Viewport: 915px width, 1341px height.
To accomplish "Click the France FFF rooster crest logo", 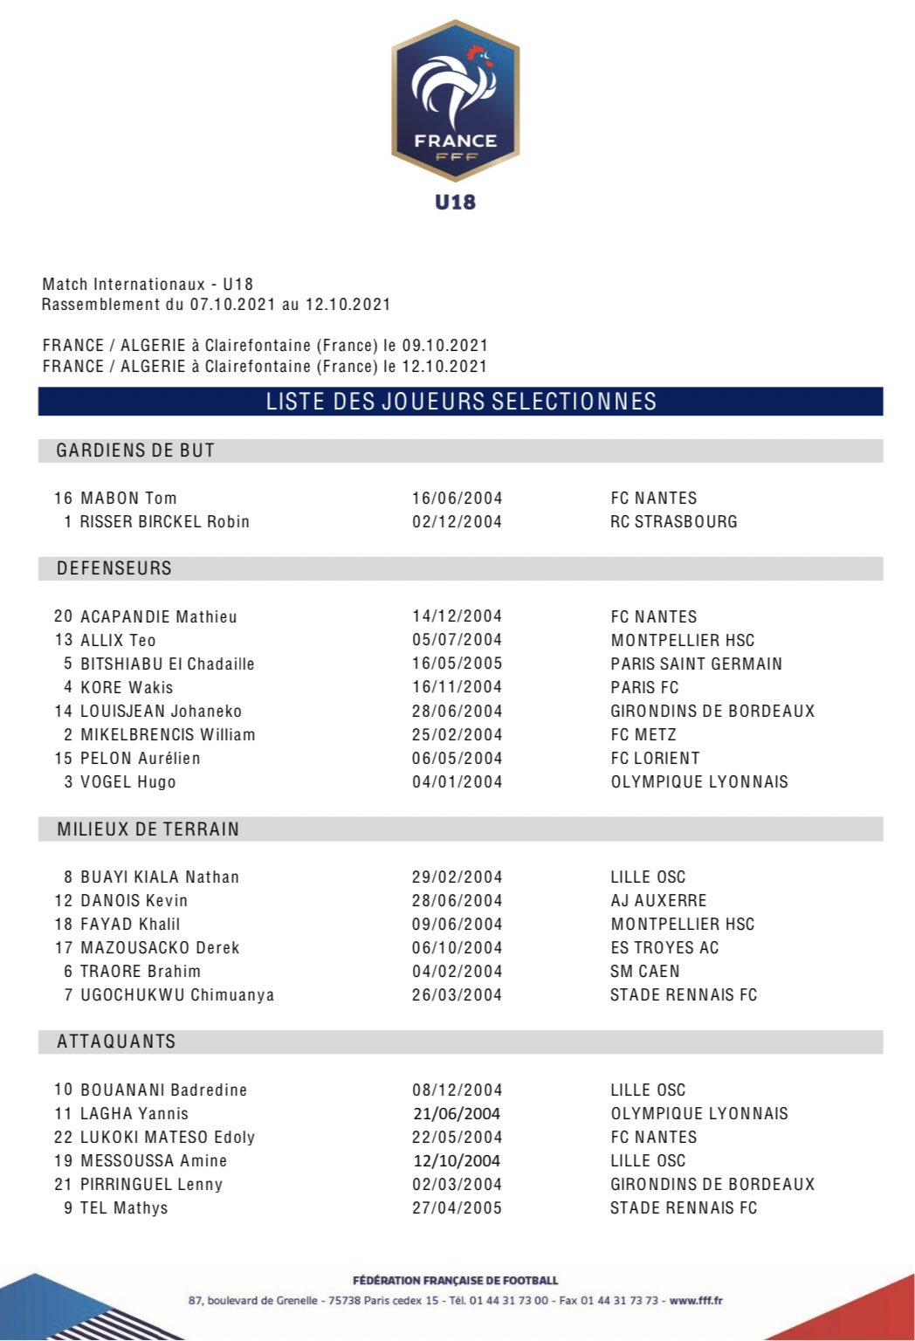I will pyautogui.click(x=455, y=100).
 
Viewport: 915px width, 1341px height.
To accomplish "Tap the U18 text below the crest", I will pyautogui.click(x=455, y=202).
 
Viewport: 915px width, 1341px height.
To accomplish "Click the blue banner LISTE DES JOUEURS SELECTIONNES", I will pyautogui.click(x=460, y=402).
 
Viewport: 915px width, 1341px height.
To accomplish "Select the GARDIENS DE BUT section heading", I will pyautogui.click(x=135, y=450).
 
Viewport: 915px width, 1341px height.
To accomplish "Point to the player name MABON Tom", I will pyautogui.click(x=128, y=499).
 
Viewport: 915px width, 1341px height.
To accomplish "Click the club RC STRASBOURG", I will pyautogui.click(x=673, y=522).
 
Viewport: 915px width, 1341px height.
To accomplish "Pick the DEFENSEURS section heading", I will pyautogui.click(x=114, y=568).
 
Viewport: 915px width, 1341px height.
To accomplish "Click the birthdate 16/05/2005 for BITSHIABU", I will pyautogui.click(x=457, y=664).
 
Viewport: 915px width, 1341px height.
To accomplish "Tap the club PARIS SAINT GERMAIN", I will pyautogui.click(x=696, y=664).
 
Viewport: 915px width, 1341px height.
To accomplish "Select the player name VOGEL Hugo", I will pyautogui.click(x=128, y=782).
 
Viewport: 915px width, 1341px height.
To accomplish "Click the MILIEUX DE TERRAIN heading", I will pyautogui.click(x=148, y=829).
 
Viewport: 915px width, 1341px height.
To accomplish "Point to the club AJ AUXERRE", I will pyautogui.click(x=658, y=901).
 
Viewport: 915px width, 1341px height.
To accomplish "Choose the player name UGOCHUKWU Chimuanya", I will pyautogui.click(x=177, y=995).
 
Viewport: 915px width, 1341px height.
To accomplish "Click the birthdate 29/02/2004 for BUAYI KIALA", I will pyautogui.click(x=457, y=877).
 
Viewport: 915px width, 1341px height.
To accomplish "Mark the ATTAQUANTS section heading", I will pyautogui.click(x=116, y=1042).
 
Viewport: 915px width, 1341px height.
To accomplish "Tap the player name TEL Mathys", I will pyautogui.click(x=124, y=1208).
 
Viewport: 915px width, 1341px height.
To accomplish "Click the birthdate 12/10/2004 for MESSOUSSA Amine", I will pyautogui.click(x=457, y=1161).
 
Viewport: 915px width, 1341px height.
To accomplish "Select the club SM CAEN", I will pyautogui.click(x=644, y=972).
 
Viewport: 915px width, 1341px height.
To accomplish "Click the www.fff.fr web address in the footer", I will pyautogui.click(x=696, y=1301).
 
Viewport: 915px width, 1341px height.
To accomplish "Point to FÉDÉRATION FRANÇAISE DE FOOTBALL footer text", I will pyautogui.click(x=455, y=1281).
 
